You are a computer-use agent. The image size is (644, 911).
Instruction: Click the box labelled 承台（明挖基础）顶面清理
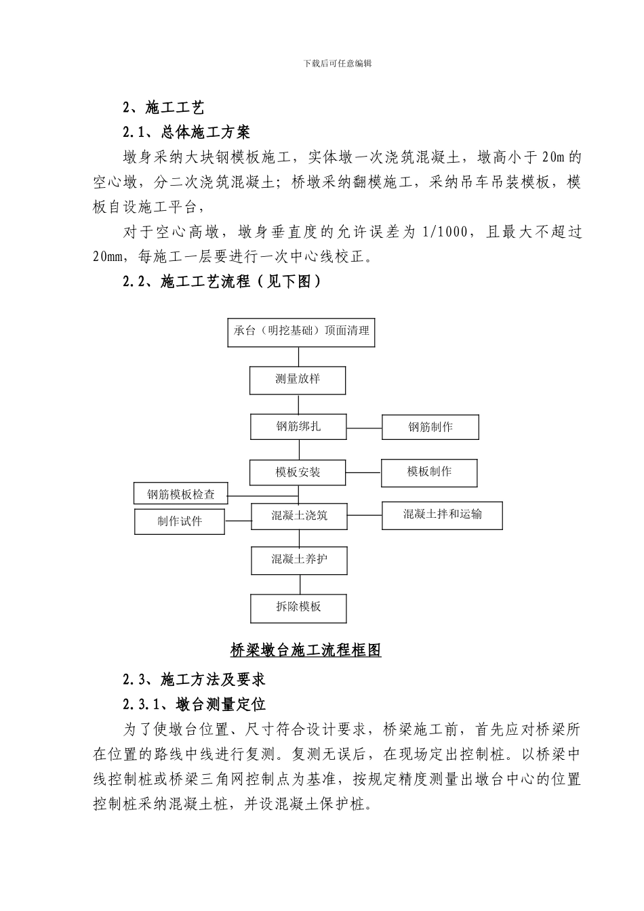click(x=301, y=331)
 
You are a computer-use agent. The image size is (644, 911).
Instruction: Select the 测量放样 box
click(x=298, y=380)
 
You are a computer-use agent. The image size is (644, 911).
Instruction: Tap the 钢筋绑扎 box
click(x=298, y=427)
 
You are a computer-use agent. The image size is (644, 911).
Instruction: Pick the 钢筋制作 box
click(x=430, y=427)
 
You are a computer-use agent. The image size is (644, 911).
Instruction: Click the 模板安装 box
click(x=298, y=472)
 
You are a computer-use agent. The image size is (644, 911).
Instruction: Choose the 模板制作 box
click(x=429, y=472)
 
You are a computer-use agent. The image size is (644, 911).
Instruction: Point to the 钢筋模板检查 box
click(x=181, y=494)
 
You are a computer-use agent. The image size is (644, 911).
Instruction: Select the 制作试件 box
click(x=180, y=521)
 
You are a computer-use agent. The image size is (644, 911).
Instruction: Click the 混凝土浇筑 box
click(x=299, y=516)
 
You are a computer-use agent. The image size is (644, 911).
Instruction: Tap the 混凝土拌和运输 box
click(x=442, y=515)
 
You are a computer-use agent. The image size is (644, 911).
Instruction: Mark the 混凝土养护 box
click(x=299, y=560)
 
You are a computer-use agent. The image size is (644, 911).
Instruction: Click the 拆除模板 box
click(x=298, y=607)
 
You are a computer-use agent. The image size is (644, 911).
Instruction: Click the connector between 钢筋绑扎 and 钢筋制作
click(x=364, y=428)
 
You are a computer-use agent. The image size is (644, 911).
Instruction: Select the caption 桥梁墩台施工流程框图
click(x=306, y=650)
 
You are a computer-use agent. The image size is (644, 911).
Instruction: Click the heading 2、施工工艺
click(x=163, y=107)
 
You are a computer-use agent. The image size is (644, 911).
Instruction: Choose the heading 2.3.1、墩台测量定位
click(x=193, y=704)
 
